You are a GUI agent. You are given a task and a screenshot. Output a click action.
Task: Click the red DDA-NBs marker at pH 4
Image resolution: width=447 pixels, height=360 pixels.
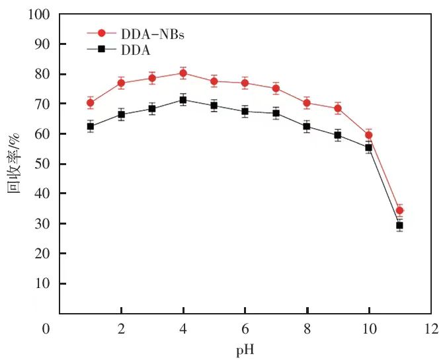tap(183, 73)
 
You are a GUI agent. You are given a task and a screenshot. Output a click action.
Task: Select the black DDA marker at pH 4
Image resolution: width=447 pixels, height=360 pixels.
tap(183, 100)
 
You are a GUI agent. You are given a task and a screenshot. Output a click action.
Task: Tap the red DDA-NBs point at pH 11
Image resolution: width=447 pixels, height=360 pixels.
tap(399, 211)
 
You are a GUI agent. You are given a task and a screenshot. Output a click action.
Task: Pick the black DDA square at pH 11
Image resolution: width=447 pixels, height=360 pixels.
tap(399, 225)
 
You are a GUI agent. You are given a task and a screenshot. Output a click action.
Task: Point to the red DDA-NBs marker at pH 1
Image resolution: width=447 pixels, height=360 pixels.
tap(91, 103)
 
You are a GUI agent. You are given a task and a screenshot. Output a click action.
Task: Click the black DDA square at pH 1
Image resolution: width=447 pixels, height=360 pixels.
tap(91, 126)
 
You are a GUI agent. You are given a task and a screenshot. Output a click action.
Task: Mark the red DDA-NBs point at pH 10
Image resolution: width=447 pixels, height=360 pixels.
tap(369, 135)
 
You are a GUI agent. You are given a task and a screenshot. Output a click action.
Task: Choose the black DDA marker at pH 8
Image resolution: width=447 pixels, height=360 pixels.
tap(307, 126)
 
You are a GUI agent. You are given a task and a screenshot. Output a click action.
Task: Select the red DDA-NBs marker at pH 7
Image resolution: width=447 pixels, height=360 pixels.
tap(276, 89)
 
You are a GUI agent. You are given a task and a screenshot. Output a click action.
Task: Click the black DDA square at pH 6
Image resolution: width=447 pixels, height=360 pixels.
tap(245, 111)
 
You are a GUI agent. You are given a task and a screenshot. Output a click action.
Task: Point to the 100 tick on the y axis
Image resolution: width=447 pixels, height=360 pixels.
tap(41, 14)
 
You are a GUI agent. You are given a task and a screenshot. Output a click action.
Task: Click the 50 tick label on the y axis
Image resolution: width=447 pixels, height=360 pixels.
tap(44, 164)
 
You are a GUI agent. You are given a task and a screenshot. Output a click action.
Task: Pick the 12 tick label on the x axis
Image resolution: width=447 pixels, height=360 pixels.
tap(431, 328)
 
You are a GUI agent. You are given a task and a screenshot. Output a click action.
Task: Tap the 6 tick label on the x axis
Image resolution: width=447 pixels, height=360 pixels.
tap(245, 328)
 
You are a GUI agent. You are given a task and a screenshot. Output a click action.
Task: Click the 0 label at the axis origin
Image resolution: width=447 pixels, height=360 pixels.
tap(46, 328)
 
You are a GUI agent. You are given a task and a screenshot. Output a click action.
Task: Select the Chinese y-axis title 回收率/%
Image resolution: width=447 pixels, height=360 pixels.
tap(15, 163)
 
